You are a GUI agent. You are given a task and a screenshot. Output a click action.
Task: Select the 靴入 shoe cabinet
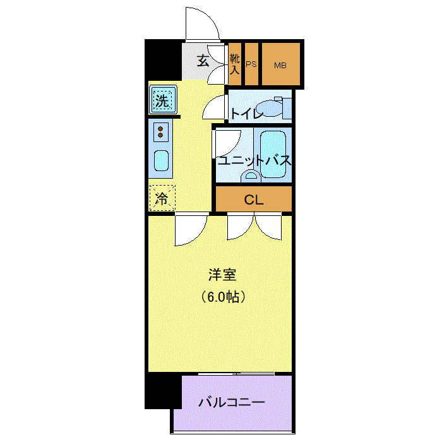235,64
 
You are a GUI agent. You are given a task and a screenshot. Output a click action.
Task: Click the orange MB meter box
280,64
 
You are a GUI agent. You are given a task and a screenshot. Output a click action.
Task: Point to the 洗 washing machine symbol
163,100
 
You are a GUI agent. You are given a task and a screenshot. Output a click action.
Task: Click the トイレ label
246,114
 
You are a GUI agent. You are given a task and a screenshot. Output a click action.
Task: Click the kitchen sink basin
162,162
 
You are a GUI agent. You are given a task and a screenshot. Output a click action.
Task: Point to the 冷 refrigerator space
162,198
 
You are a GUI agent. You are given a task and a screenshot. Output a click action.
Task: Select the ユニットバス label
254,160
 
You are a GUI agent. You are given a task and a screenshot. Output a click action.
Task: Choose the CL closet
254,200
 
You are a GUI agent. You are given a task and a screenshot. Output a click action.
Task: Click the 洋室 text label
222,275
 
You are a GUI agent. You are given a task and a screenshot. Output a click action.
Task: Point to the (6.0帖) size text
222,296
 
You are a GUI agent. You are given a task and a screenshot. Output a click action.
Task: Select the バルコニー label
231,402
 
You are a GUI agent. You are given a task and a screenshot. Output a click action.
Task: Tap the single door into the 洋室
190,230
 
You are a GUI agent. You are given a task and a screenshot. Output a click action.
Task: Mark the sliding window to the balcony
237,374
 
